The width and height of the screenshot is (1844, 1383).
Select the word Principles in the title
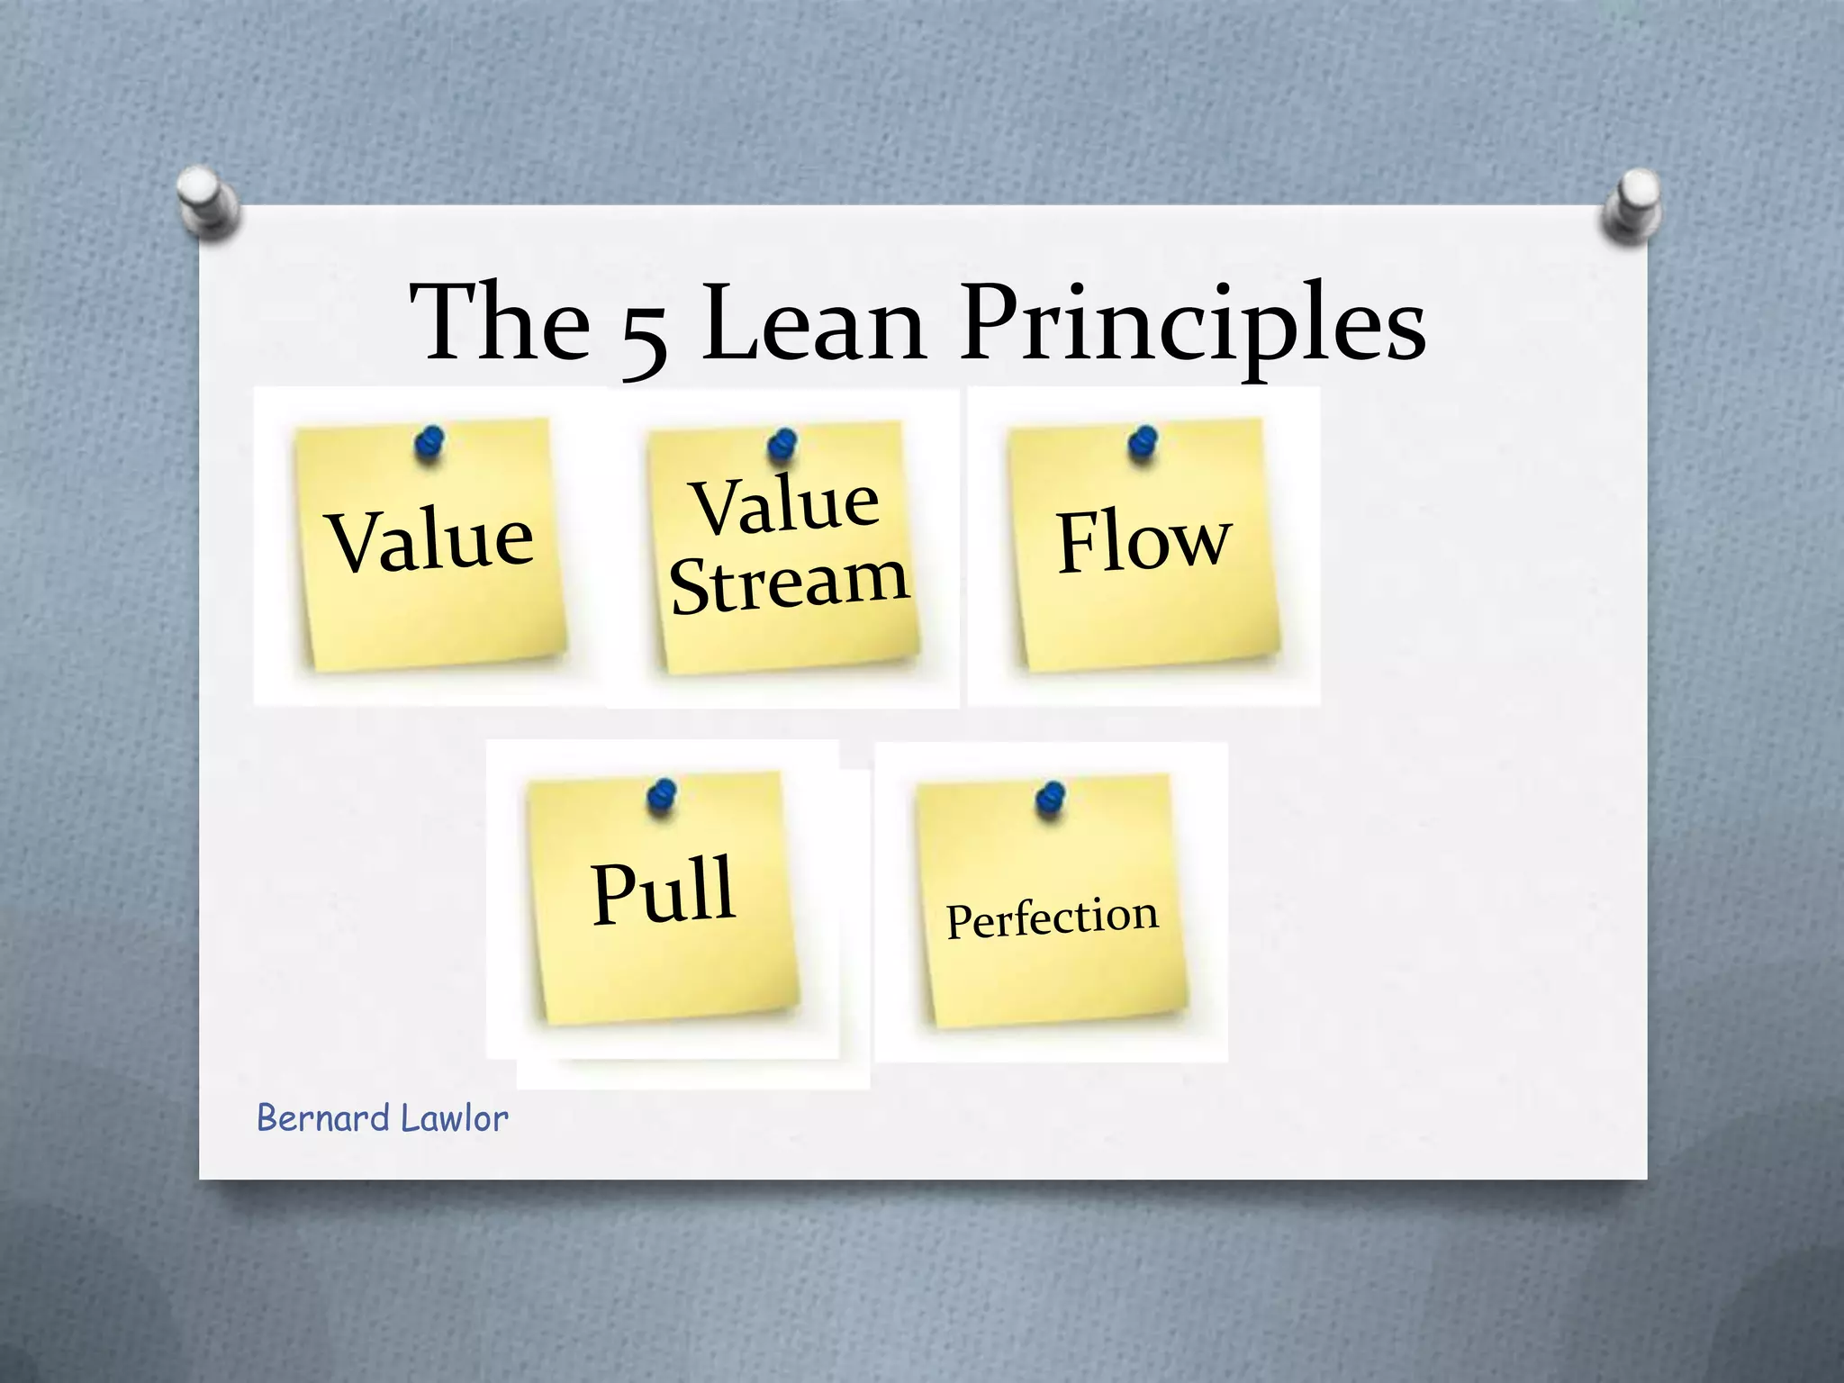[1192, 324]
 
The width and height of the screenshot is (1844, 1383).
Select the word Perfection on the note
[1052, 918]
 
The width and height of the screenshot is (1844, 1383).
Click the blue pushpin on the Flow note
[1143, 443]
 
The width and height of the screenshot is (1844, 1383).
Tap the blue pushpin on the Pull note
[662, 796]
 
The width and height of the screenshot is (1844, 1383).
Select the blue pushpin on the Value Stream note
[782, 445]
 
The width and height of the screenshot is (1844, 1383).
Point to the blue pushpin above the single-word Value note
[429, 443]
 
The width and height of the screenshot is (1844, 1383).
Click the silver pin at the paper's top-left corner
[208, 202]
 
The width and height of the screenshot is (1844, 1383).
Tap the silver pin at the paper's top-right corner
[1632, 205]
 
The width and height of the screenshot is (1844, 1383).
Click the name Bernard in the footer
[322, 1118]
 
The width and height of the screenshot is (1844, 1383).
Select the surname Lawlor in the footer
[454, 1118]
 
